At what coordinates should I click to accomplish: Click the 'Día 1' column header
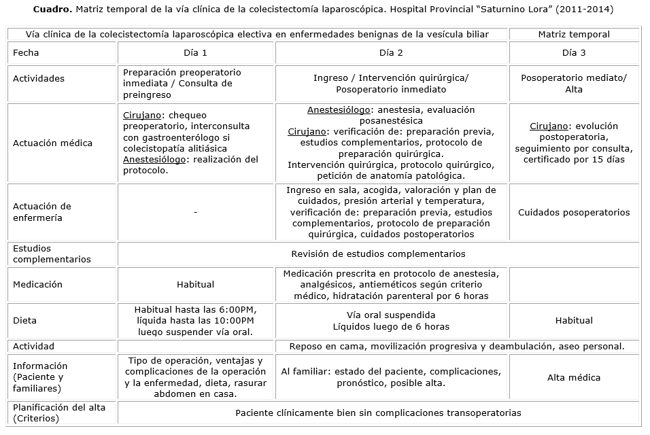195,52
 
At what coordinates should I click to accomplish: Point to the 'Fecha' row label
26,52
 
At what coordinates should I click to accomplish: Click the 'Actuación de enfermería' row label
42,212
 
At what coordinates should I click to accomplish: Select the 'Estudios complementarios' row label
52,254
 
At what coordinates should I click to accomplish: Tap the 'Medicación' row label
37,285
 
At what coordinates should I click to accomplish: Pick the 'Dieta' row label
24,320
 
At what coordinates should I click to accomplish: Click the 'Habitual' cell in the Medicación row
195,285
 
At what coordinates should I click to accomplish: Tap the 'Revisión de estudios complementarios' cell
378,254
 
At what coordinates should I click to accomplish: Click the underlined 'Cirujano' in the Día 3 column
547,126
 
